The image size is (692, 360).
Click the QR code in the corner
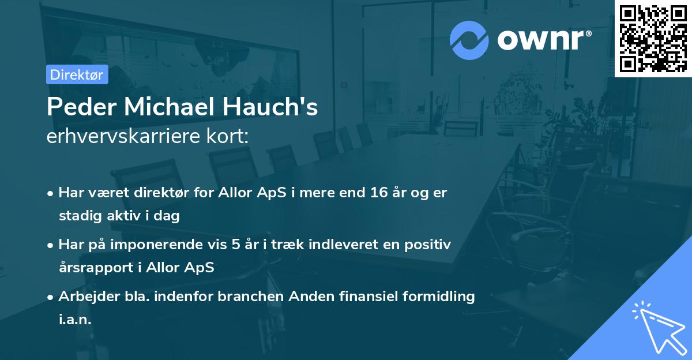(x=653, y=38)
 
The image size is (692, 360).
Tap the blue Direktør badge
(x=77, y=74)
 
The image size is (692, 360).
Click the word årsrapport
(x=92, y=268)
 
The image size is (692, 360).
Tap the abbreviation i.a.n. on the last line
(x=75, y=320)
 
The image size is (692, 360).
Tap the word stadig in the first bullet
(x=78, y=216)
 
